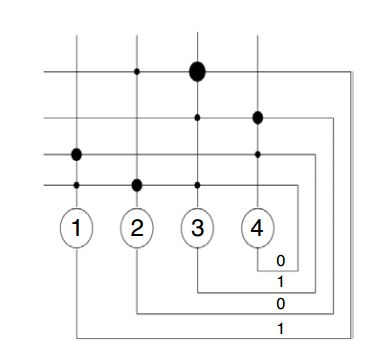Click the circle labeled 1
coord(76,228)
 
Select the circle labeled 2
coord(137,228)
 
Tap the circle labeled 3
coord(197,228)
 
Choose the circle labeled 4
coord(258,228)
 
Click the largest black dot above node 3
coord(197,72)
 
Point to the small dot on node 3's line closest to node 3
coord(197,185)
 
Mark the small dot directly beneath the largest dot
coord(197,118)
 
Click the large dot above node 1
coord(76,155)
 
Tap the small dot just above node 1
coord(76,185)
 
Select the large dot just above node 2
coord(137,185)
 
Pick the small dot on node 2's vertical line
coord(137,72)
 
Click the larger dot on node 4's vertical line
coord(258,118)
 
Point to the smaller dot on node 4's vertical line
coord(258,155)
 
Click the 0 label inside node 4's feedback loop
coord(281,261)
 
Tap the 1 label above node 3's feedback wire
coord(281,282)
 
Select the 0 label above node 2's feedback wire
coord(281,304)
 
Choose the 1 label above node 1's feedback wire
coord(281,329)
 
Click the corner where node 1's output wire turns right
coord(77,338)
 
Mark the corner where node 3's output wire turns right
coord(198,293)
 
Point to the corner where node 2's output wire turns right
coord(137,314)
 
